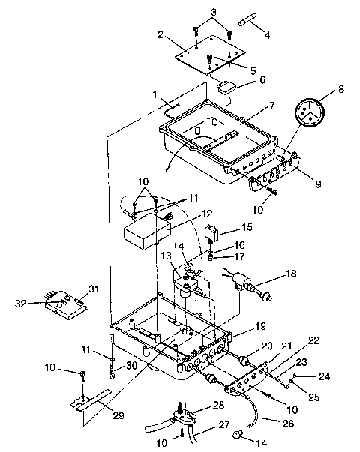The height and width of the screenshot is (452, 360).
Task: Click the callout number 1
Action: click(155, 97)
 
